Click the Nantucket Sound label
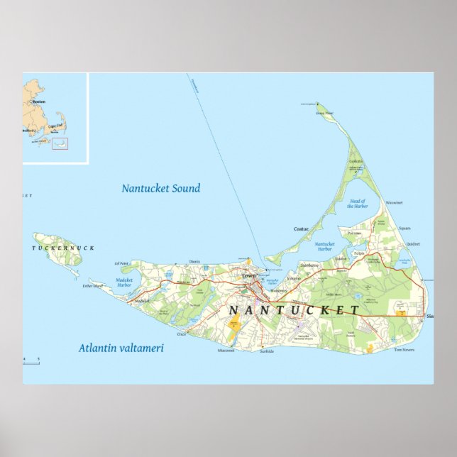160,188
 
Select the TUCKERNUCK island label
63,248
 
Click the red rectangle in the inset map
60,145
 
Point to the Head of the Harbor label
356,204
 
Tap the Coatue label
301,228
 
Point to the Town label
248,275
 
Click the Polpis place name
358,252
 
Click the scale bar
31,363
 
